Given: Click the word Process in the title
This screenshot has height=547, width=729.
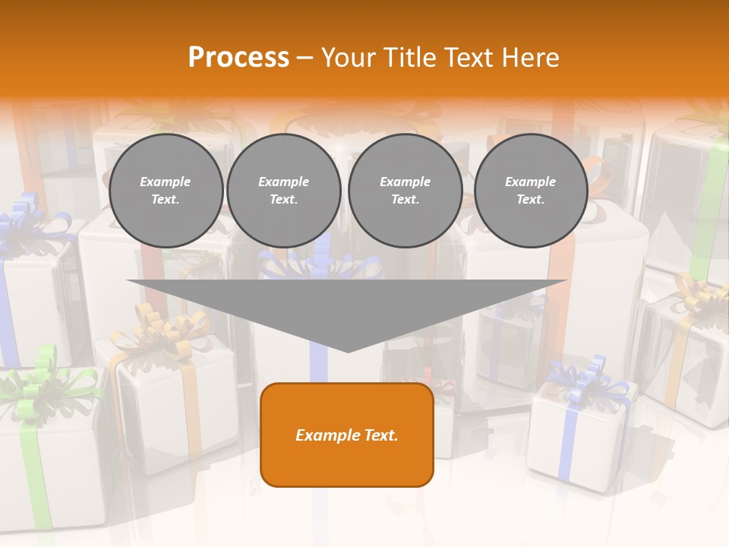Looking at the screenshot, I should [x=238, y=58].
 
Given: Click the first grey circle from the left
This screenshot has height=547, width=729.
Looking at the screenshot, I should [x=166, y=191].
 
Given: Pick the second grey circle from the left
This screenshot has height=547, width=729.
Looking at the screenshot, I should [x=283, y=191].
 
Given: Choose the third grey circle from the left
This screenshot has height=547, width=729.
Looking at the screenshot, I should [x=405, y=191].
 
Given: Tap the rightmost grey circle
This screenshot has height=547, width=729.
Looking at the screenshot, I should [x=530, y=191].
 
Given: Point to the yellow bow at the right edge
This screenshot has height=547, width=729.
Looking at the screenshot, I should [x=695, y=292].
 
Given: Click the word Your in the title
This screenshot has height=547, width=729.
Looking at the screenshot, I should [x=346, y=58].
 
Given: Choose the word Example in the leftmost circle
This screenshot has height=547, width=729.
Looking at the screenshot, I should [x=166, y=182].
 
